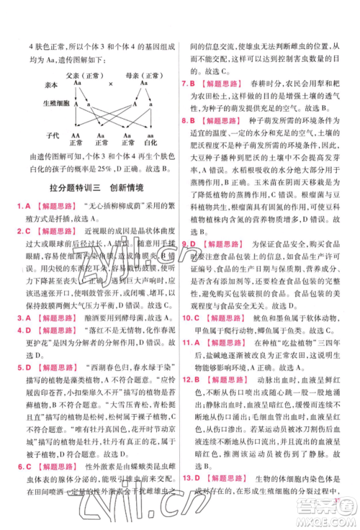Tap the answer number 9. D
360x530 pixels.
pos(190,245)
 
